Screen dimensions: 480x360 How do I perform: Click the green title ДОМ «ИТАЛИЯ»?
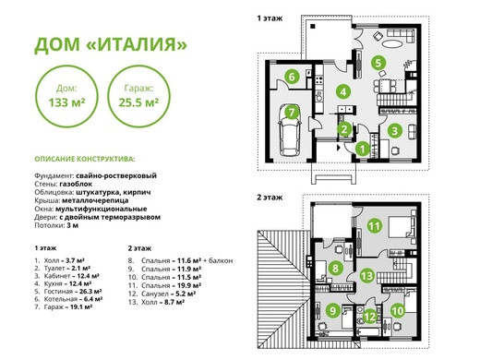[111, 45]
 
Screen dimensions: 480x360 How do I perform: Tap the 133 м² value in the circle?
[66, 102]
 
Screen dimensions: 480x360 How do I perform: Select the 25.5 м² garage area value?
[138, 102]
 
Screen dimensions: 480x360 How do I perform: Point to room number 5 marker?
[378, 63]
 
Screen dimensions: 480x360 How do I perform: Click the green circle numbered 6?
[292, 77]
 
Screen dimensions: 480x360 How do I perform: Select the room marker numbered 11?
[375, 226]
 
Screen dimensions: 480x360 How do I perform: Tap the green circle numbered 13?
[366, 275]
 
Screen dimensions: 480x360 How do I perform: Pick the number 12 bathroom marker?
[370, 317]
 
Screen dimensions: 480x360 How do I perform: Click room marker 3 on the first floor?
[395, 131]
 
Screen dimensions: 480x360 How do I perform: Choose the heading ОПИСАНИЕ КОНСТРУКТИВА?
[85, 159]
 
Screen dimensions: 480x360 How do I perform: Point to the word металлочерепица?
[95, 200]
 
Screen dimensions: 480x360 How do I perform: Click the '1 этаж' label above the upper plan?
[270, 18]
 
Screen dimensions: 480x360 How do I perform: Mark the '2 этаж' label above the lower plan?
[270, 198]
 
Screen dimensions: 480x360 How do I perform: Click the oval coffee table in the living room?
[391, 43]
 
